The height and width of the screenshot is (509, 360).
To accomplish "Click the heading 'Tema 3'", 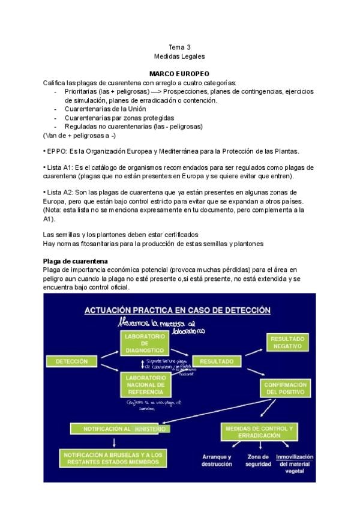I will pyautogui.click(x=179, y=46).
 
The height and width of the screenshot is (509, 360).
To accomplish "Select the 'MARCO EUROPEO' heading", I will pyautogui.click(x=179, y=73).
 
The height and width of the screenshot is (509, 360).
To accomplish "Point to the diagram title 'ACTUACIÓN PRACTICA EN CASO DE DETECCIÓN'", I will pyautogui.click(x=178, y=310).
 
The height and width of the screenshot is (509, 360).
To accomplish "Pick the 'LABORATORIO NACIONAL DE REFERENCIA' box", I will pyautogui.click(x=145, y=384).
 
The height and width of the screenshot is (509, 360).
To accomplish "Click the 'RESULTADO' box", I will pyautogui.click(x=217, y=362).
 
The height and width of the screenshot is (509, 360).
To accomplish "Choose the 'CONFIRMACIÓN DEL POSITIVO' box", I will pyautogui.click(x=286, y=388).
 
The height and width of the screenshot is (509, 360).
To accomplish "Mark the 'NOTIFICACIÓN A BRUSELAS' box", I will pyautogui.click(x=112, y=459).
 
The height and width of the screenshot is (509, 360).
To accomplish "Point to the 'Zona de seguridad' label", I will pyautogui.click(x=258, y=460).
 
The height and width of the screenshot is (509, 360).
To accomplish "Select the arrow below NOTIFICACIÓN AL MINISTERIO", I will pyautogui.click(x=114, y=442).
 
